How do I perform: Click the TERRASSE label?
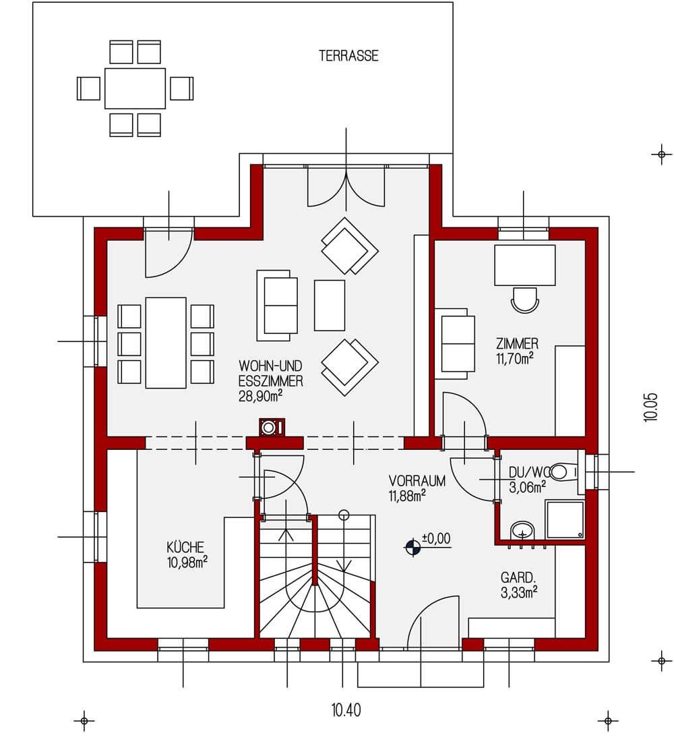coord(348,57)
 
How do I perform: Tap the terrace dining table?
coord(135,88)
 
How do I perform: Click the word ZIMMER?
coord(517,343)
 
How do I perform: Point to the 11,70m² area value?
coord(516,358)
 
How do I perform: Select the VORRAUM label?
coord(417,482)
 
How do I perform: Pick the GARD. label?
coord(518,577)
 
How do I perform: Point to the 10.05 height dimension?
coord(650,407)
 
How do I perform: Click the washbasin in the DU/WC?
coord(522,531)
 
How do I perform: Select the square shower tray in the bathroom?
coord(564,519)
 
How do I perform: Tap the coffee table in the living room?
coord(330,306)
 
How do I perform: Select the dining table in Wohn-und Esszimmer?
coord(166,343)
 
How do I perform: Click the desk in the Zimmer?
coord(525,266)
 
